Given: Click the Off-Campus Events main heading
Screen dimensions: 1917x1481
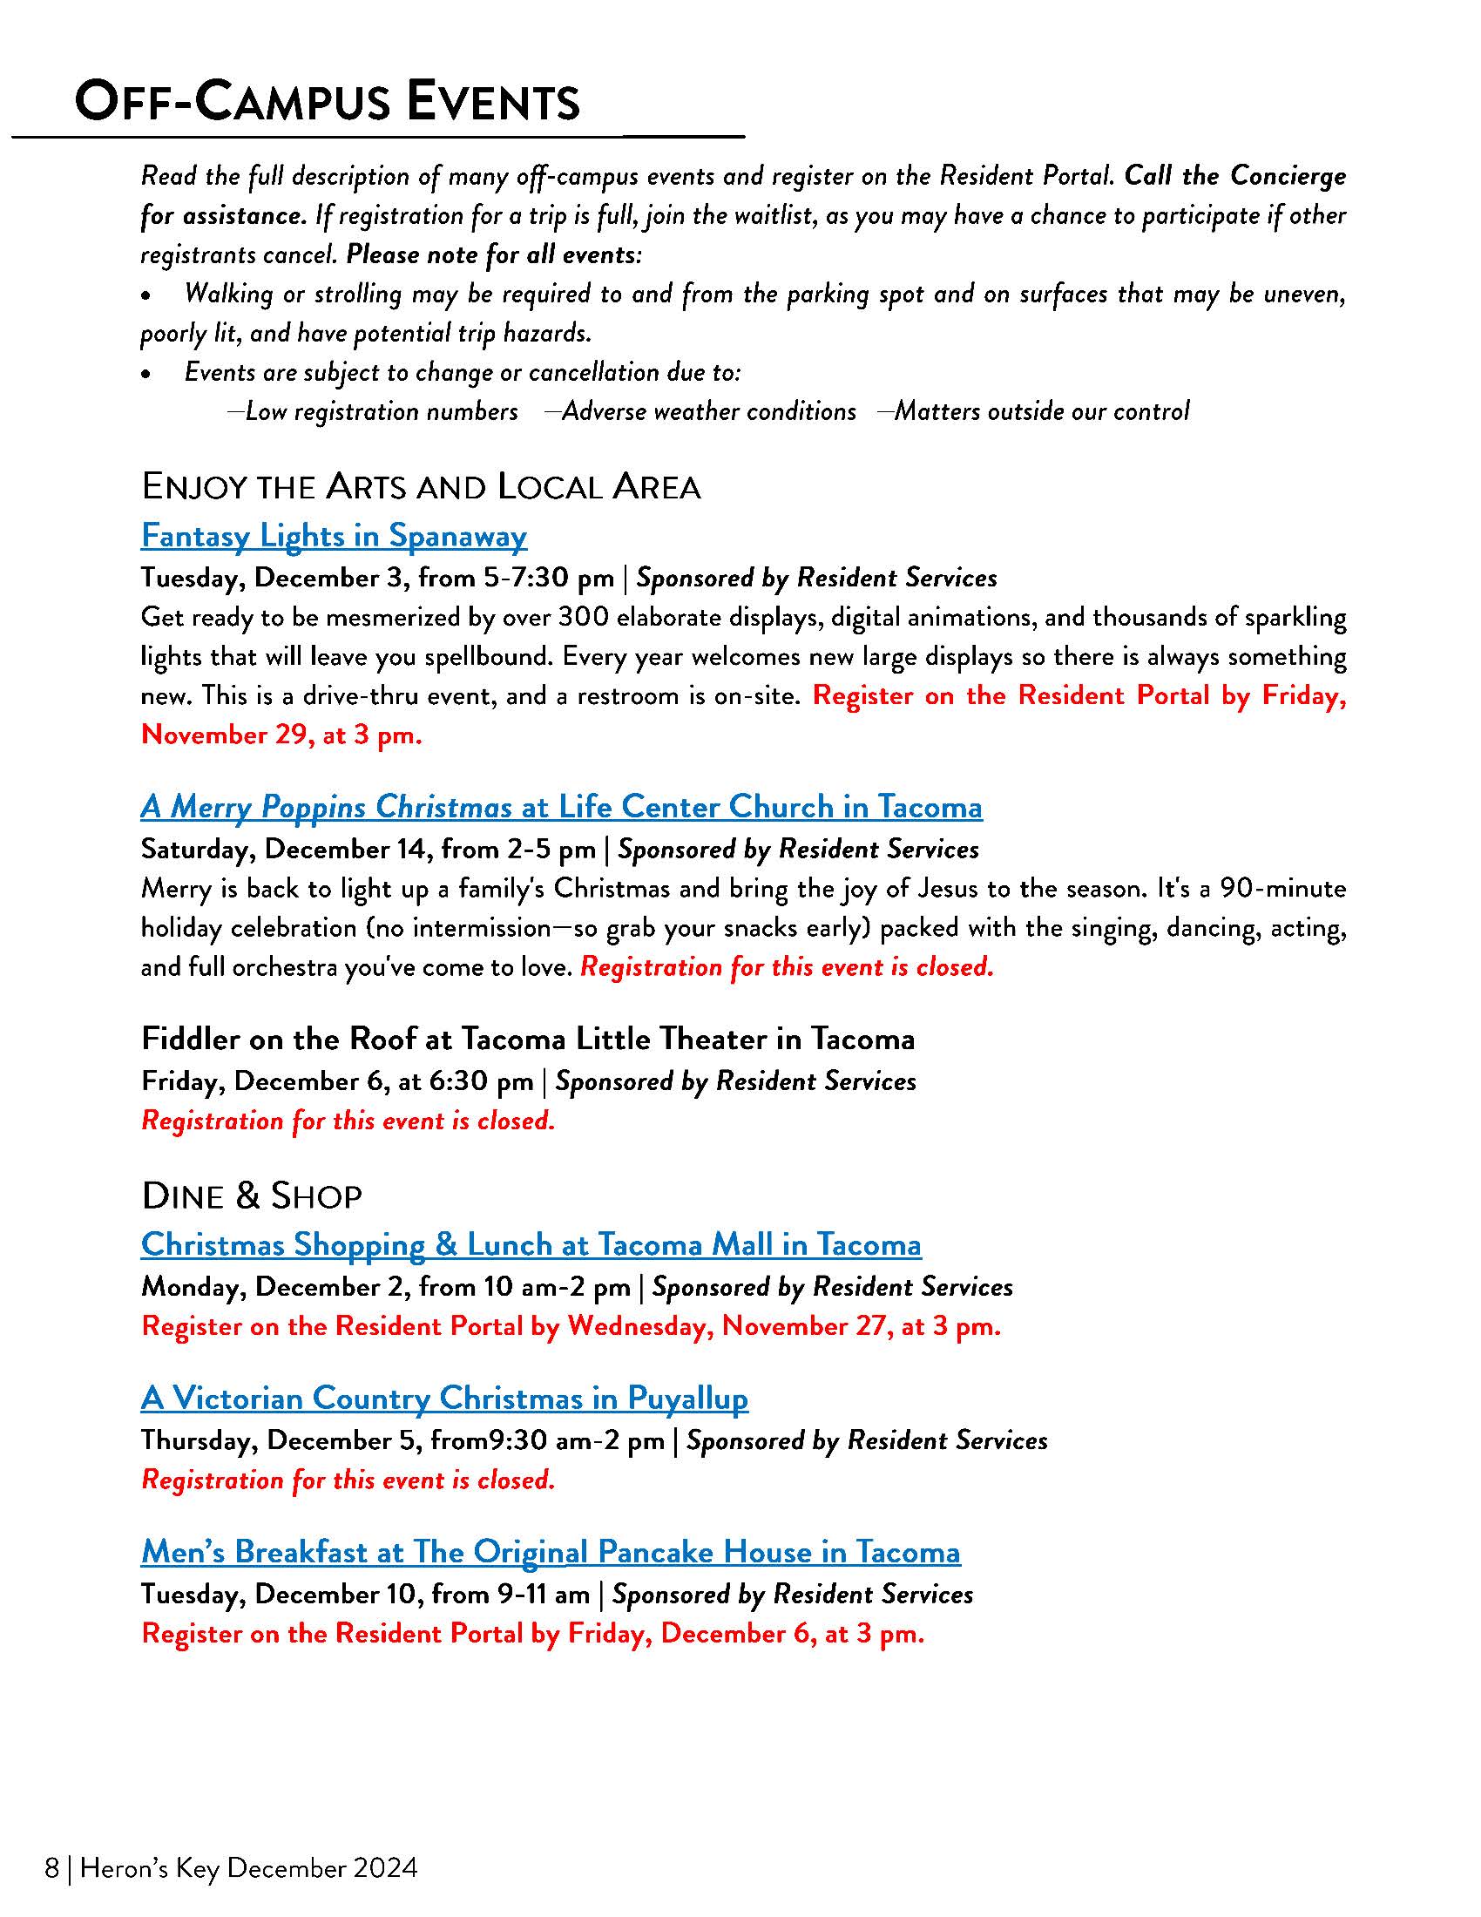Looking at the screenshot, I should point(327,102).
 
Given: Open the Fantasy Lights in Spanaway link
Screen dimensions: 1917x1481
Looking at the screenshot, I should point(334,535).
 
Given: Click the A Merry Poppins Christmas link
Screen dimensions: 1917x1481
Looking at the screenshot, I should point(561,807).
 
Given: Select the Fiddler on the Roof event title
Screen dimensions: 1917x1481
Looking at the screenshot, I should point(527,1040).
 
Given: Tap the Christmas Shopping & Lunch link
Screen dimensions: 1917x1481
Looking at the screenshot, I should point(531,1244).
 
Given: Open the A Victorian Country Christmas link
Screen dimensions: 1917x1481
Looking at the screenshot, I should point(444,1399).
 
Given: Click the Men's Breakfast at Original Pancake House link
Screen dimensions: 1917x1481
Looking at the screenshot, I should point(550,1552).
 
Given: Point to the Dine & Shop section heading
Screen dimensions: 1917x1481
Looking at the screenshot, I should point(251,1196).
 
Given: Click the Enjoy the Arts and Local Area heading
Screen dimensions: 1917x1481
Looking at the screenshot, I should point(420,487).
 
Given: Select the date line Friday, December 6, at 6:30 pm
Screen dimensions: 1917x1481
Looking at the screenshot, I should point(337,1081).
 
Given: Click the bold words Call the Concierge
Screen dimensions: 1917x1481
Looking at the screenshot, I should point(1234,176).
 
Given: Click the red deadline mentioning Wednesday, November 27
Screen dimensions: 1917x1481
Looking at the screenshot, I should point(571,1326).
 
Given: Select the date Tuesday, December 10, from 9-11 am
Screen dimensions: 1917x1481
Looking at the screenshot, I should point(365,1594).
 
